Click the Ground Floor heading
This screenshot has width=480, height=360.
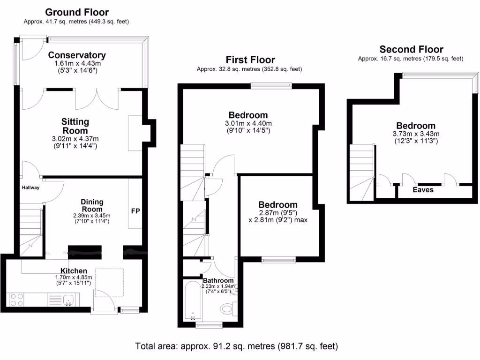click(77, 12)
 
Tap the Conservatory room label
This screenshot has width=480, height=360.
click(77, 55)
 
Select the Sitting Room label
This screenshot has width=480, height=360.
click(75, 126)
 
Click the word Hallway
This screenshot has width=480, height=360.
click(30, 187)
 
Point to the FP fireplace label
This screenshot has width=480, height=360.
click(135, 210)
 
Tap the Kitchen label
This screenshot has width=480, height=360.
click(74, 271)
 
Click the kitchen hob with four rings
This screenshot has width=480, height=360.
click(17, 300)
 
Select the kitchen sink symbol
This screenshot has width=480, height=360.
click(68, 299)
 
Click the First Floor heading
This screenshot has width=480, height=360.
click(250, 60)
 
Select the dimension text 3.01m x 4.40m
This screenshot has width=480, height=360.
click(248, 124)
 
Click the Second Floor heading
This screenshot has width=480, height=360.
click(411, 49)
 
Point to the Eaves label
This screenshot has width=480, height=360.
click(423, 190)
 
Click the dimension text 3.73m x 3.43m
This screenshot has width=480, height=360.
click(416, 134)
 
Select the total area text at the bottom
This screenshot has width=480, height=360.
click(236, 347)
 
